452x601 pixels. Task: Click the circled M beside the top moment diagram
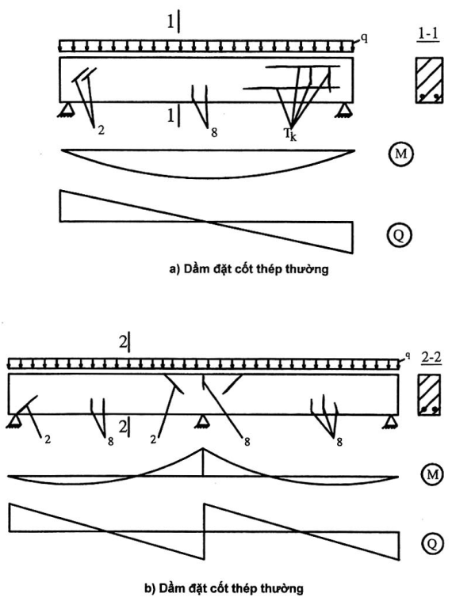400,154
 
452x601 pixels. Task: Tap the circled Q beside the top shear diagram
399,234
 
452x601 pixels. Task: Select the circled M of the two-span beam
432,474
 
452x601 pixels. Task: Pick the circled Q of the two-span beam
432,543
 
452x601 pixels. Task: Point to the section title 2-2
431,358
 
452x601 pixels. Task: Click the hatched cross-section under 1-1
429,80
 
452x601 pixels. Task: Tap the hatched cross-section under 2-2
429,395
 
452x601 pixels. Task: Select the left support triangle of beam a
66,110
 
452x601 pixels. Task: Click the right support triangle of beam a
344,110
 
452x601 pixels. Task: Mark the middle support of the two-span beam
203,422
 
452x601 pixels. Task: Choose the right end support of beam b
391,421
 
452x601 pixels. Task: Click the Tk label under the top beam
290,135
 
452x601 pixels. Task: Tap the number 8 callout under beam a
214,132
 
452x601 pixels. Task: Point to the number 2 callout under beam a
101,131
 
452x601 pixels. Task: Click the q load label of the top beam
364,38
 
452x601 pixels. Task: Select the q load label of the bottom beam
408,356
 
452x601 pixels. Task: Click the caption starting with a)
249,269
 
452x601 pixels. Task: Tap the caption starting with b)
224,588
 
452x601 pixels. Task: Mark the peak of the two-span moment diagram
203,447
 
